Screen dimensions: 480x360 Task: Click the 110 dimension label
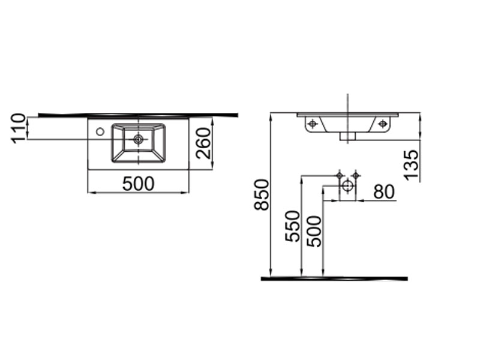pyautogui.click(x=18, y=128)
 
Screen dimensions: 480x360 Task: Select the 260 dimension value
pyautogui.click(x=203, y=143)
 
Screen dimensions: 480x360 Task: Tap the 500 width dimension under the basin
pyautogui.click(x=138, y=184)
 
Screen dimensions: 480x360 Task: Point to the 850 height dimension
pyautogui.click(x=262, y=194)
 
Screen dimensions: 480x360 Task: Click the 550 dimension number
pyautogui.click(x=292, y=226)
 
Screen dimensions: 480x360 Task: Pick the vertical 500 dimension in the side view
pyautogui.click(x=314, y=231)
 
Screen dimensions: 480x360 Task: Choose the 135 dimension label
pyautogui.click(x=411, y=165)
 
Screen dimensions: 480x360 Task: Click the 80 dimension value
pyautogui.click(x=384, y=192)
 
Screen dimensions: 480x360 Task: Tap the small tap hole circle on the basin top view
pyautogui.click(x=100, y=132)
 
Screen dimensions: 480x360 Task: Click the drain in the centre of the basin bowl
pyautogui.click(x=139, y=139)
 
